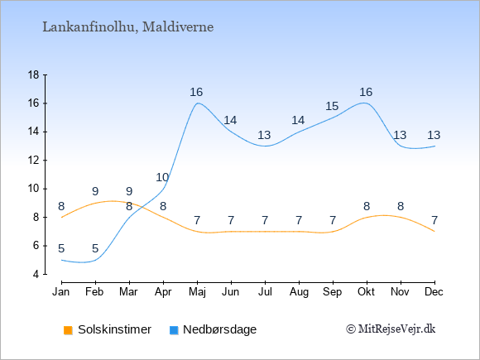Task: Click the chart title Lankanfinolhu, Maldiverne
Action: pos(128,27)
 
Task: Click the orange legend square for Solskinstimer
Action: pos(68,330)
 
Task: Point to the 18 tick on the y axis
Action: pos(34,74)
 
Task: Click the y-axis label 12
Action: pos(34,160)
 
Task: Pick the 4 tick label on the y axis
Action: pos(36,274)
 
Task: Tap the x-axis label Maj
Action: pos(197,292)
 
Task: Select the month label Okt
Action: pos(366,292)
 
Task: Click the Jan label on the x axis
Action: pos(61,292)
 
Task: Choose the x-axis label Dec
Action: pos(434,292)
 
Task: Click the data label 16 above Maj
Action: pos(196,92)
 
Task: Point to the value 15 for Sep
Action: pos(332,106)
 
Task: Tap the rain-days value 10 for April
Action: pos(162,177)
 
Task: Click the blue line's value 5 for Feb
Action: pos(95,248)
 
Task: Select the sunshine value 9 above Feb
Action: pos(95,192)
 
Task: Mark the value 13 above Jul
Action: pos(264,135)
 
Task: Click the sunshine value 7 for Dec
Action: pos(434,220)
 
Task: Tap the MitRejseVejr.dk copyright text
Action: pos(391,329)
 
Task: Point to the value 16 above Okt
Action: pos(366,92)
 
